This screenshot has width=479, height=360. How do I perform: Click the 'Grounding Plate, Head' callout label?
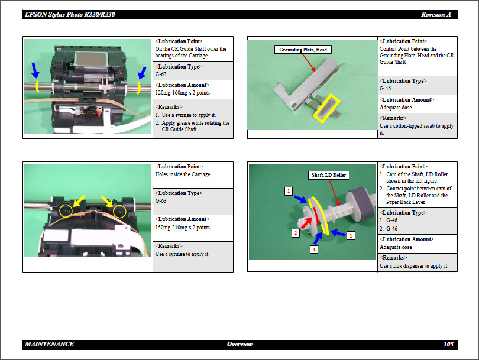pyautogui.click(x=303, y=50)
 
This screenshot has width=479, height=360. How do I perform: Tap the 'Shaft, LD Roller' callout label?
pyautogui.click(x=329, y=175)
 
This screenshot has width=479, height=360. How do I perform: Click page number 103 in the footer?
pyautogui.click(x=448, y=344)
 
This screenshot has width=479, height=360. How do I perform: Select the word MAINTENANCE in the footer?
pyautogui.click(x=49, y=344)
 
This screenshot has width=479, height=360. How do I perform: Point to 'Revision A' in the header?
pyautogui.click(x=436, y=14)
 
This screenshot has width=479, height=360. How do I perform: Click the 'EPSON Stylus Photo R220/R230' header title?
pyautogui.click(x=70, y=14)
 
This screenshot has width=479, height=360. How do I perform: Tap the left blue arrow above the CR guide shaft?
pyautogui.click(x=35, y=70)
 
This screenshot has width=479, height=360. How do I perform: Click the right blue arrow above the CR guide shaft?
pyautogui.click(x=142, y=73)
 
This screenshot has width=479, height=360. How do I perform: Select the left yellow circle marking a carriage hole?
pyautogui.click(x=66, y=210)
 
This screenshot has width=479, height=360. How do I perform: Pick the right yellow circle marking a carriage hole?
pyautogui.click(x=119, y=211)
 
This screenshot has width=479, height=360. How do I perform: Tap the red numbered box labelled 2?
pyautogui.click(x=296, y=233)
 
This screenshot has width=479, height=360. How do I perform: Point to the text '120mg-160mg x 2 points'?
pyautogui.click(x=182, y=93)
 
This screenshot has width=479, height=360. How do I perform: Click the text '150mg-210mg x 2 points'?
pyautogui.click(x=182, y=227)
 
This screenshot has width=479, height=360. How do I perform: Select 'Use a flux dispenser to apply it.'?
pyautogui.click(x=414, y=265)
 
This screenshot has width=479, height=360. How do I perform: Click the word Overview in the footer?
pyautogui.click(x=239, y=344)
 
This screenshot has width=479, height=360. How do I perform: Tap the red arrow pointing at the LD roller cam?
pyautogui.click(x=306, y=223)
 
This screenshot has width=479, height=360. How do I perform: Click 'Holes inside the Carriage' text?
pyautogui.click(x=183, y=174)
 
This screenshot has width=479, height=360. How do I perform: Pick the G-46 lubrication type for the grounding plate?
pyautogui.click(x=385, y=88)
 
